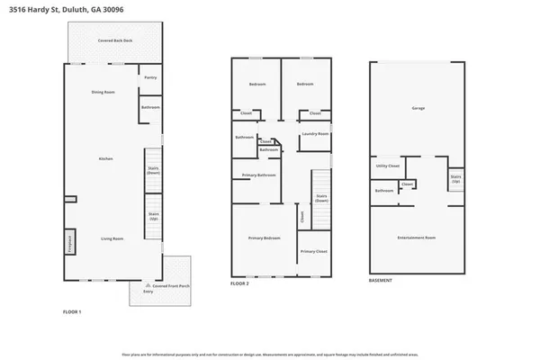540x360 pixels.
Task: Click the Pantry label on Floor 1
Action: pos(150,78)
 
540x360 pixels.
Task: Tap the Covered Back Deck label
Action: pos(114,41)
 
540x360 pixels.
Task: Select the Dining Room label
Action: pos(103,93)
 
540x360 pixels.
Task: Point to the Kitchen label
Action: pos(105,158)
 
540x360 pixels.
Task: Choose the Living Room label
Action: pos(112,238)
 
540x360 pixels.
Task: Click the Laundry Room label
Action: pos(314,134)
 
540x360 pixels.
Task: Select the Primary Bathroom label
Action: pos(258,175)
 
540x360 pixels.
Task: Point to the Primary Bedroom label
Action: pos(265,238)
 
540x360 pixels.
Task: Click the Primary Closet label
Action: pos(313,251)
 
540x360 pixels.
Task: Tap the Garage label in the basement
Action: pos(418,108)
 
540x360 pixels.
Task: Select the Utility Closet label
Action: pos(387,166)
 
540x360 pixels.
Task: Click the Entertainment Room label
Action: pos(417,238)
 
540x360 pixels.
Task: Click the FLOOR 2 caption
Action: pos(239,283)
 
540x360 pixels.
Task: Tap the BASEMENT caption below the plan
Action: pos(381,280)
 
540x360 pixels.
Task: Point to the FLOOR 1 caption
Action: pos(72,311)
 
